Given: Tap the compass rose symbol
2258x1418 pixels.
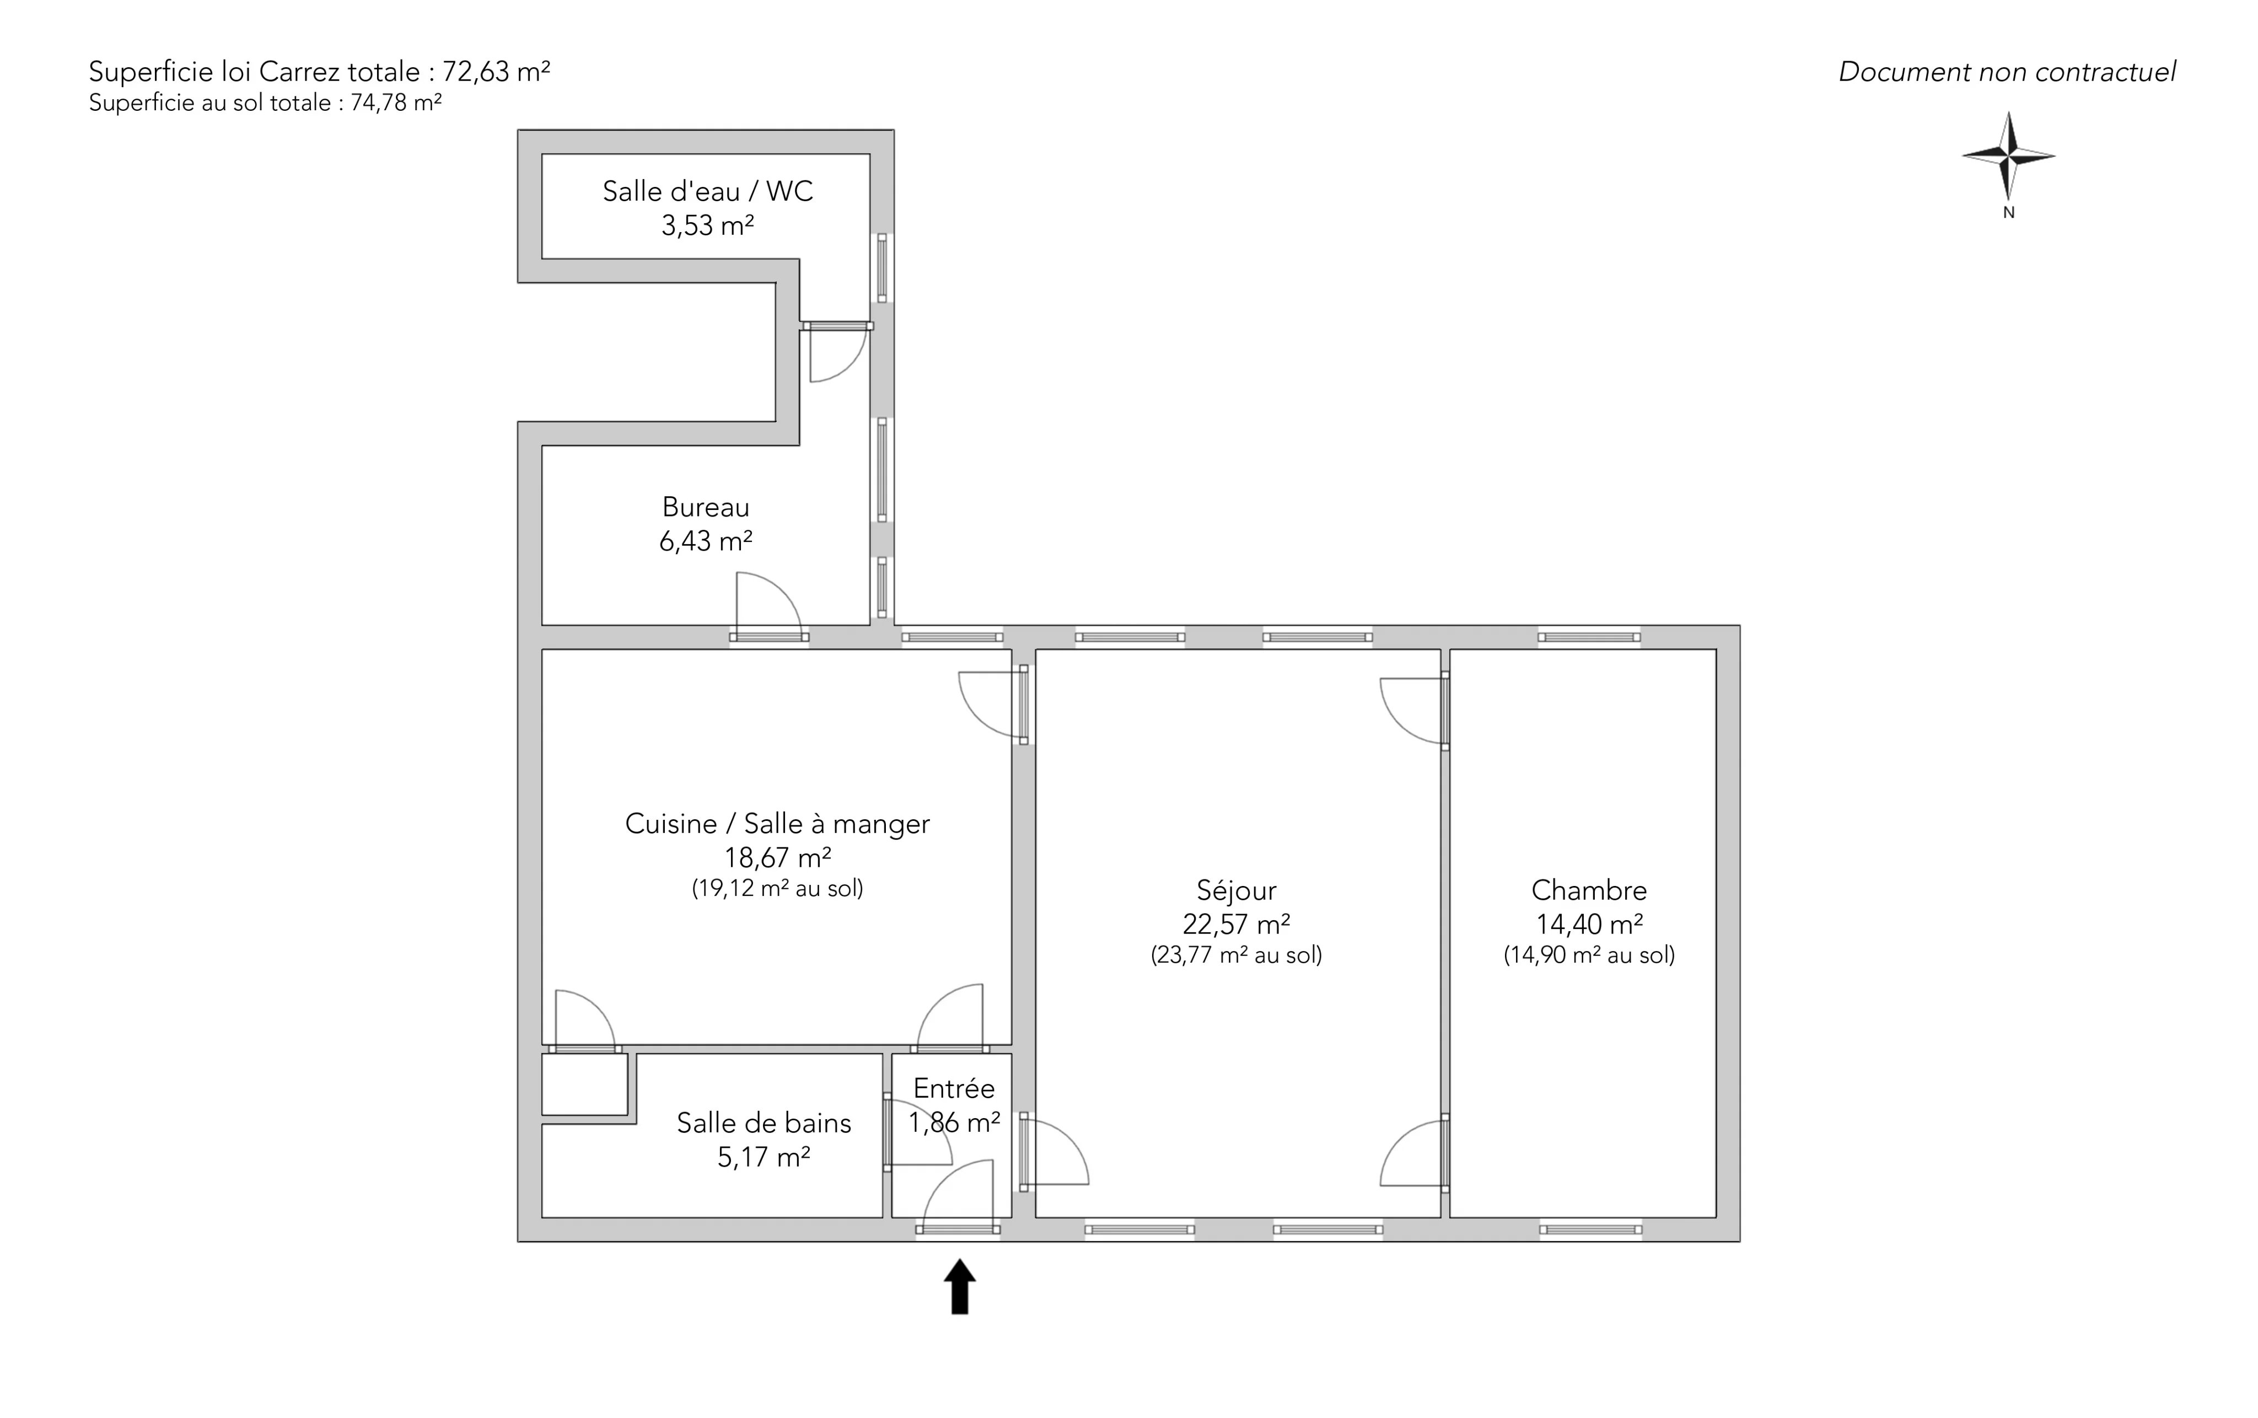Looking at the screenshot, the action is (2009, 155).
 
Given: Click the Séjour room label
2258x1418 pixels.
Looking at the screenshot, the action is (1236, 890).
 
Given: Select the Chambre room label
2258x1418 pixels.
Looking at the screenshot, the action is (1588, 890).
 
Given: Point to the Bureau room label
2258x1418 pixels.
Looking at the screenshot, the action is (705, 507).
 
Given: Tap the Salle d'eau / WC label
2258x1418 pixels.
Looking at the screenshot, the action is (707, 191).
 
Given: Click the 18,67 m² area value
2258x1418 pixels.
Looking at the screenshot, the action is (777, 857).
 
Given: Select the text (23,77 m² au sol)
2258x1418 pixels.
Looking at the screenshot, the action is (1236, 955).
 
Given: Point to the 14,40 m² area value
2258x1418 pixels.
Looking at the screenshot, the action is (1588, 924).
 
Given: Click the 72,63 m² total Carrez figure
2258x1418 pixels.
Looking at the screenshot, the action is (496, 71).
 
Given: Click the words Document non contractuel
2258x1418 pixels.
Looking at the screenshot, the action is (2007, 72).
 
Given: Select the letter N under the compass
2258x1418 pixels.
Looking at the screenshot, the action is (2009, 213).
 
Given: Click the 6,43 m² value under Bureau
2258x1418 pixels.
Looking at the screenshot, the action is (705, 541).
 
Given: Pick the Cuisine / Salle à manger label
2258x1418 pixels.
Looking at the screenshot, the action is (777, 824).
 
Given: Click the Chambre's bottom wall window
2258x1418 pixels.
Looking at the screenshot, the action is (1590, 1228).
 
